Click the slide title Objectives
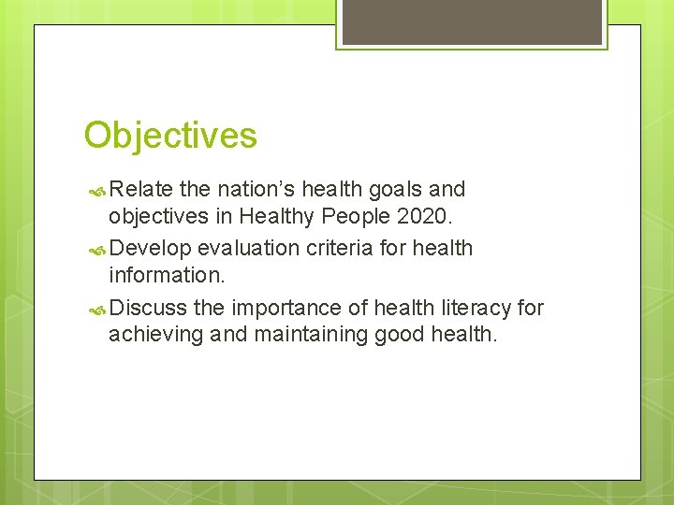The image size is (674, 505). (170, 136)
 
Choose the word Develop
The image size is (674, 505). (151, 248)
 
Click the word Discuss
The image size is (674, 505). (148, 308)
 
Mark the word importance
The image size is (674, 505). (285, 308)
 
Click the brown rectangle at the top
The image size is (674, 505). (471, 22)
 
